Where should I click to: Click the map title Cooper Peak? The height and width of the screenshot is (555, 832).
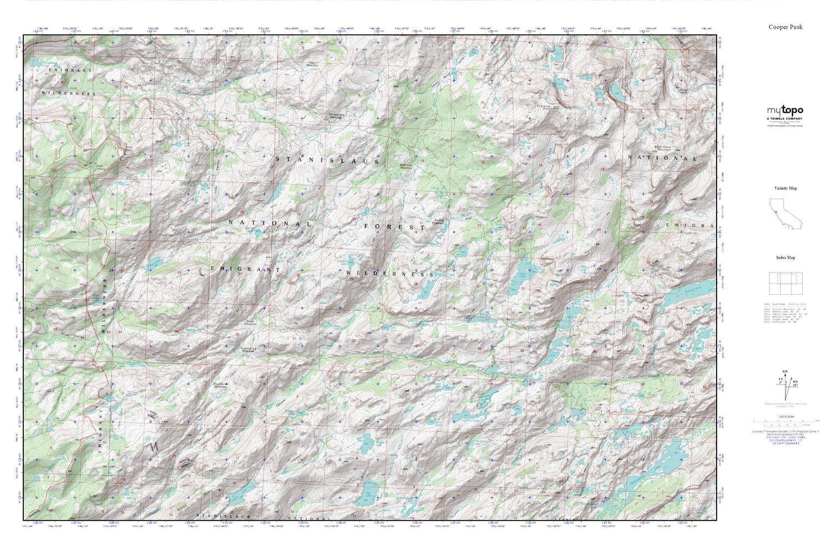[785, 27]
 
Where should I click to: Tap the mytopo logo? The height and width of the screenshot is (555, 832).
[785, 111]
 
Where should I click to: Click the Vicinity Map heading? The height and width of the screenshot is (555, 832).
[785, 188]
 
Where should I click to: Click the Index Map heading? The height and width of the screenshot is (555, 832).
[785, 258]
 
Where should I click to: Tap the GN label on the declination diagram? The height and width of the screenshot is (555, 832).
[784, 371]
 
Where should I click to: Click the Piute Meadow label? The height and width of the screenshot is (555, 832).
[250, 323]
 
